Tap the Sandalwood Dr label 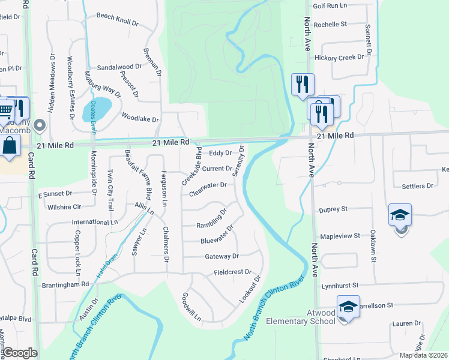[x=119, y=68]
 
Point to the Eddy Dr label [x=220, y=154]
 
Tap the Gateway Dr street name [x=222, y=256]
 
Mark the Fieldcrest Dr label [x=232, y=272]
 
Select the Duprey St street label [x=334, y=209]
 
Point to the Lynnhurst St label [x=339, y=284]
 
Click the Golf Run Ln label [x=330, y=6]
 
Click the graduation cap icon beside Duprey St [x=400, y=215]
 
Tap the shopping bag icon [x=10, y=146]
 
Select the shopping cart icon [x=5, y=108]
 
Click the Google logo [x=20, y=353]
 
